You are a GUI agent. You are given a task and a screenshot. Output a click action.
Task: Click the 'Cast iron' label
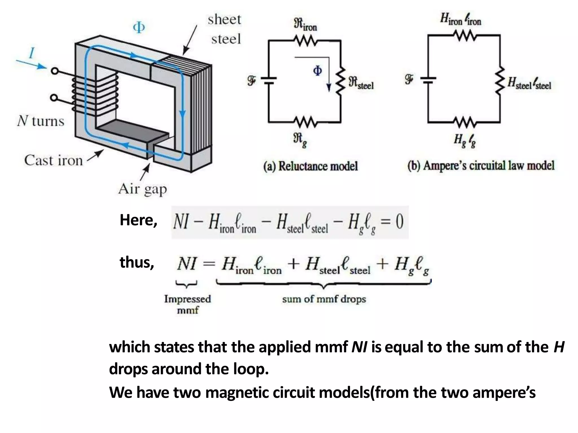click(x=53, y=160)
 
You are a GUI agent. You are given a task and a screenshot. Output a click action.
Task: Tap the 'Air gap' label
click(x=143, y=189)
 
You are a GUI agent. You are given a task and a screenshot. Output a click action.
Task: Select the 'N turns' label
click(x=41, y=121)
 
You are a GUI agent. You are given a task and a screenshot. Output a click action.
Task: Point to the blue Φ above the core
click(x=139, y=28)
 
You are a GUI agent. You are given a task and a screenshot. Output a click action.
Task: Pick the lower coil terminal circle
click(x=54, y=98)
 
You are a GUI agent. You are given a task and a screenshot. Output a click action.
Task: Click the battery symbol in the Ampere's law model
click(x=428, y=80)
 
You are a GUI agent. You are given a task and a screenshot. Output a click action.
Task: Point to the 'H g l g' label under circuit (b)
click(x=464, y=140)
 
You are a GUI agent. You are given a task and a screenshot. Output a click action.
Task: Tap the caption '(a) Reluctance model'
click(x=310, y=166)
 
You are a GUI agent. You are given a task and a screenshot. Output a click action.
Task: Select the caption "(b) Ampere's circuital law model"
click(x=481, y=166)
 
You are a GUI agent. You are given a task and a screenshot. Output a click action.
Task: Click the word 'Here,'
click(x=138, y=220)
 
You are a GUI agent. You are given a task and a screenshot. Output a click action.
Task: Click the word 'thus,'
click(x=137, y=262)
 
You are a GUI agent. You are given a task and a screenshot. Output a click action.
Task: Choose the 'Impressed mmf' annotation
click(x=187, y=304)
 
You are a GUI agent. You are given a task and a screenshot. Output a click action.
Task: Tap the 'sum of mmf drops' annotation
click(x=324, y=299)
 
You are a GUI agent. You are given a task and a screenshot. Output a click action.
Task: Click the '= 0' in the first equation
click(x=392, y=222)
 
